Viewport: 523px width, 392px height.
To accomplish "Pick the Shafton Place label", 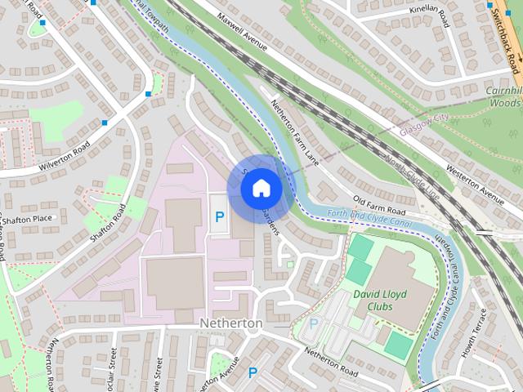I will tap(26, 218).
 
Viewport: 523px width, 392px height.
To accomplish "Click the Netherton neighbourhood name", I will tap(231, 323).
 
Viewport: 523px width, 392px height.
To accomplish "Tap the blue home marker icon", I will tap(261, 188).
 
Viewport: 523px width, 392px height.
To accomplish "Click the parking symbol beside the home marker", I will tap(219, 217).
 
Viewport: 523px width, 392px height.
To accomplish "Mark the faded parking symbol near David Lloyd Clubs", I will tap(313, 324).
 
